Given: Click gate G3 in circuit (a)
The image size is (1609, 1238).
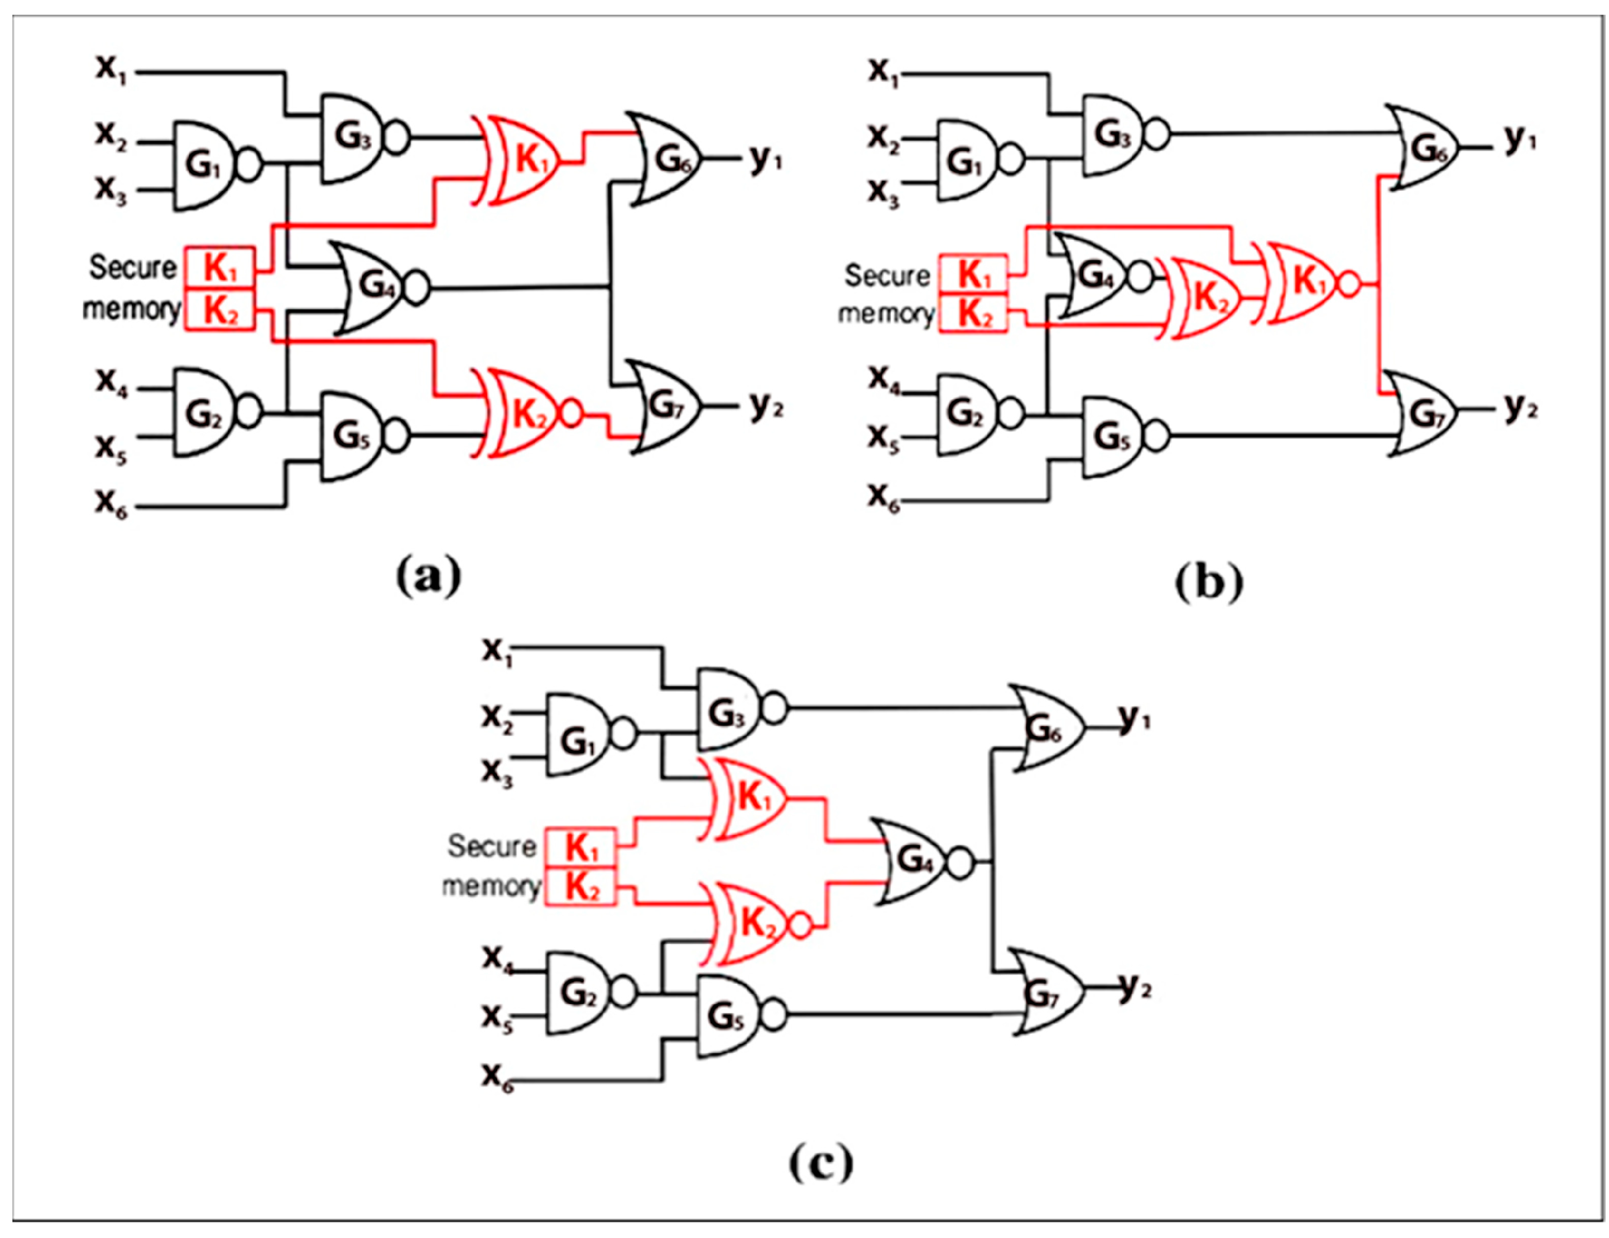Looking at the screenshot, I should pos(352,137).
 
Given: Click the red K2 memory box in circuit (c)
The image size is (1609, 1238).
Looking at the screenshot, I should pos(580,887).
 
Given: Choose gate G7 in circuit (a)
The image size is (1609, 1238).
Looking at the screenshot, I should pos(665,407).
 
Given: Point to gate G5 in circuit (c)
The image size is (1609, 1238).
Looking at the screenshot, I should pos(726,1016).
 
